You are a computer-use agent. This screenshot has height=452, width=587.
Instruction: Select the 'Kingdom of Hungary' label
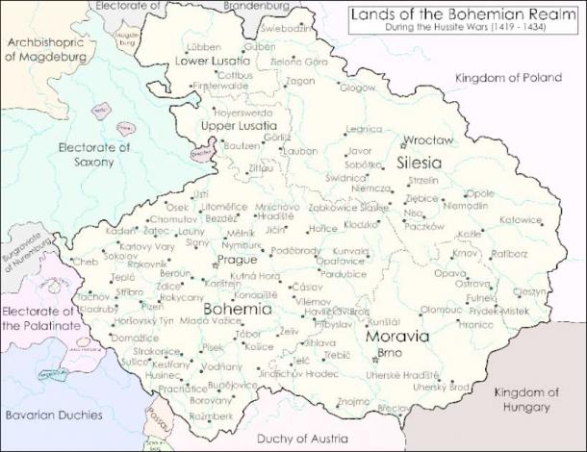point(525,399)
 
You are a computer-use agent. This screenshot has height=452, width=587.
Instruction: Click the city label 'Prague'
point(237,260)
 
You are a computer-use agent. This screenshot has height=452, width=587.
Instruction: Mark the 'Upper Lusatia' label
point(232,125)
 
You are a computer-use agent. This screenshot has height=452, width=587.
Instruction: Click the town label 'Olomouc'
point(441,311)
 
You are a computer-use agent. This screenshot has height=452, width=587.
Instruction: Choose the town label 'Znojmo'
point(353,400)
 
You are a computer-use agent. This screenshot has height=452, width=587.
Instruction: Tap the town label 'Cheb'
point(85,262)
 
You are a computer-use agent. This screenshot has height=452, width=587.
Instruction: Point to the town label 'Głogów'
point(357,88)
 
